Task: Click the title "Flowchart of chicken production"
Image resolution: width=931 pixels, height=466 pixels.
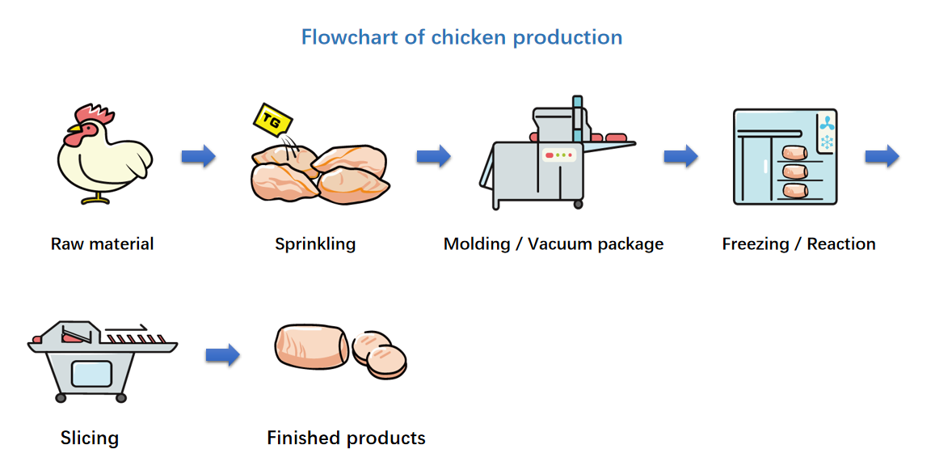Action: click(461, 37)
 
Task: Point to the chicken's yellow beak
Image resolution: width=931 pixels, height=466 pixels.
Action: click(74, 129)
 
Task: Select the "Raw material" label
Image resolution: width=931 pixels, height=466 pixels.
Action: click(102, 244)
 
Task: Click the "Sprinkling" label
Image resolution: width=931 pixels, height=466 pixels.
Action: click(315, 244)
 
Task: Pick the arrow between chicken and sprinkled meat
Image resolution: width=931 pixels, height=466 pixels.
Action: click(198, 156)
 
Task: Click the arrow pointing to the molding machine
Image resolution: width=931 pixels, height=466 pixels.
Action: click(433, 156)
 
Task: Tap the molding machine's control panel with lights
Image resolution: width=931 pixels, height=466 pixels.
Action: click(558, 155)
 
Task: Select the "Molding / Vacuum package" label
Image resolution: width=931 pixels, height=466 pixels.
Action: click(554, 244)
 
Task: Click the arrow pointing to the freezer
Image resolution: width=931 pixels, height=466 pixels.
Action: click(680, 156)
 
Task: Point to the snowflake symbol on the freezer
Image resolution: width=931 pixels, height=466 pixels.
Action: click(827, 142)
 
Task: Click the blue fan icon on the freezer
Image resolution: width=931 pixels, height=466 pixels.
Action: click(827, 123)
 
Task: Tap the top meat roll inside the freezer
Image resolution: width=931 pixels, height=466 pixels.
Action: click(794, 152)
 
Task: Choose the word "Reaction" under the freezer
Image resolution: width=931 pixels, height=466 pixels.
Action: click(841, 244)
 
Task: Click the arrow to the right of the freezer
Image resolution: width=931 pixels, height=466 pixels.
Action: click(882, 156)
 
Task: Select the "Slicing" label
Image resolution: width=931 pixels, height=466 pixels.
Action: click(90, 438)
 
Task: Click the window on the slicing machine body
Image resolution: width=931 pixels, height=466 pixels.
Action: click(91, 374)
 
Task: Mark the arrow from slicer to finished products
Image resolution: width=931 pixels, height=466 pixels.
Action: click(222, 354)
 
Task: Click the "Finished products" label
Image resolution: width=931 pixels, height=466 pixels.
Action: click(346, 438)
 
